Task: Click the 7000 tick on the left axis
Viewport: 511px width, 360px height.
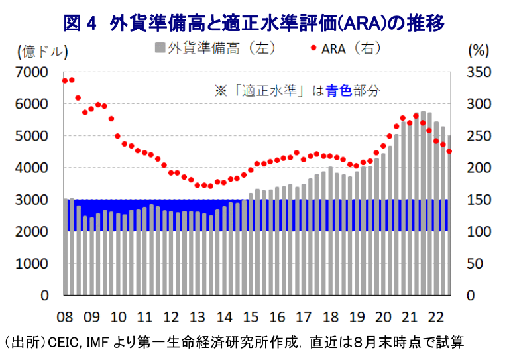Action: tap(32, 72)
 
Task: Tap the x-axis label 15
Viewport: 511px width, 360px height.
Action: tap(250, 317)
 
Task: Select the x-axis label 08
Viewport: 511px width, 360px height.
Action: tap(65, 317)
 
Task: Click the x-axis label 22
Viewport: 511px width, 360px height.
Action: tap(435, 317)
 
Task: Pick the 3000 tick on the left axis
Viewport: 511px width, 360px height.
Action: tap(32, 200)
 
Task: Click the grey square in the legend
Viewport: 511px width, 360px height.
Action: tap(160, 48)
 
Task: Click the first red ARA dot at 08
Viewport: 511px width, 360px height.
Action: tap(65, 81)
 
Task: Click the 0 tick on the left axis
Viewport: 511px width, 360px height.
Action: tap(44, 296)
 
